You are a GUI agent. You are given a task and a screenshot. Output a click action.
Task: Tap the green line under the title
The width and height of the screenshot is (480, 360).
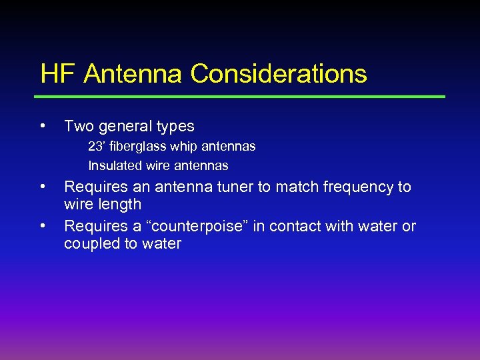click(243, 97)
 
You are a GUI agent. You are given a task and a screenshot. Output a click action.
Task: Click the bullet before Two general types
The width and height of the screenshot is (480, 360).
click(43, 125)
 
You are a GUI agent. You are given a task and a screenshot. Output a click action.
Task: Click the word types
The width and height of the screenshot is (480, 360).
click(175, 126)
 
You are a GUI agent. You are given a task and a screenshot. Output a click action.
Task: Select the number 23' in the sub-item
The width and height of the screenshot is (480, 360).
click(97, 146)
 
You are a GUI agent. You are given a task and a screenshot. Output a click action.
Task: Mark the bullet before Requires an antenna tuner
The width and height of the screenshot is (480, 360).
click(43, 186)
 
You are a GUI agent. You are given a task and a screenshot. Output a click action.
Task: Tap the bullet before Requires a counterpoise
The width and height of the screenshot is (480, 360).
click(43, 225)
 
